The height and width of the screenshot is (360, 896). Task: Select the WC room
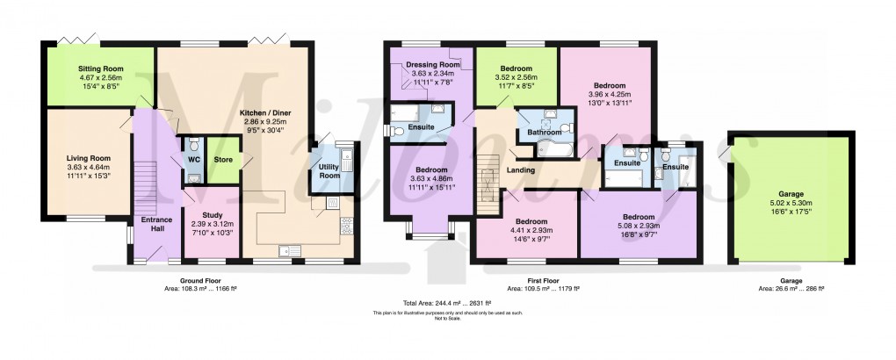(194, 160)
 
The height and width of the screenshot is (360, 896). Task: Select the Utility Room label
(329, 171)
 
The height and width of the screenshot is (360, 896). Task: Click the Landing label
(524, 171)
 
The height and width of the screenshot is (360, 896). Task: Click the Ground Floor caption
(198, 279)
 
